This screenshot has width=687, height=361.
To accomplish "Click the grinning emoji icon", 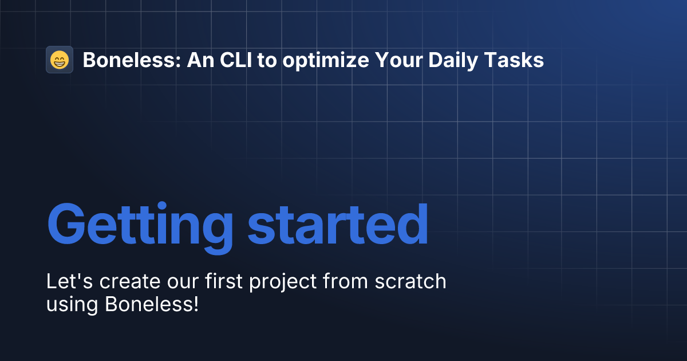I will pyautogui.click(x=60, y=60).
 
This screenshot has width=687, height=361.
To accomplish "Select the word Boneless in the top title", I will pyautogui.click(x=132, y=60).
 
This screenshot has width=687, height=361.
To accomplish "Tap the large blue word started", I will pyautogui.click(x=338, y=223).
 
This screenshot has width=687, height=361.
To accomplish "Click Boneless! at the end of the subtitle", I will pyautogui.click(x=152, y=304).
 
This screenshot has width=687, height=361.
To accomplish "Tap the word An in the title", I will pyautogui.click(x=198, y=60).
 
